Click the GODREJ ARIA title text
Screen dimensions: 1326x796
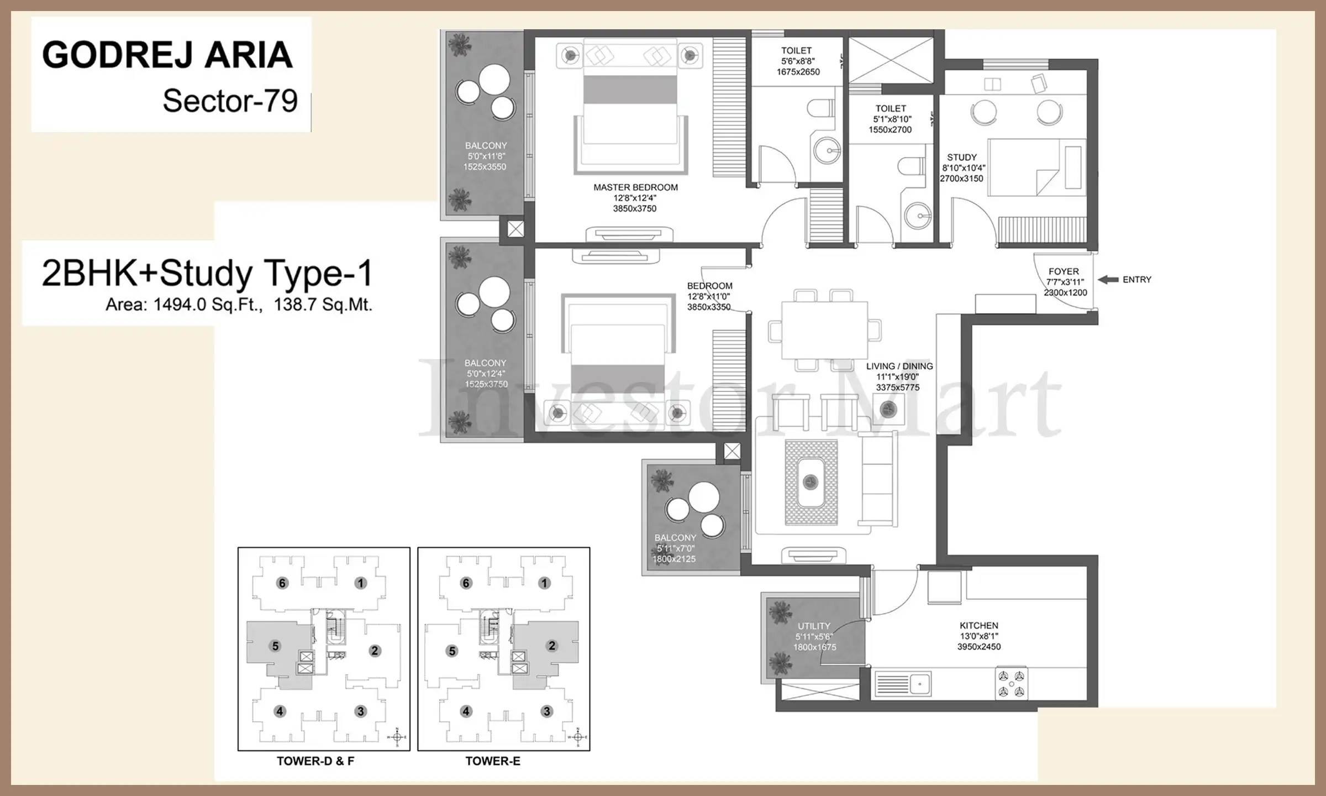pyautogui.click(x=167, y=55)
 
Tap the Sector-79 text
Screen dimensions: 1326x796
pyautogui.click(x=230, y=101)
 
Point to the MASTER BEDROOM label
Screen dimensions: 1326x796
pyautogui.click(x=635, y=187)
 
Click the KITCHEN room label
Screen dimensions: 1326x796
pyautogui.click(x=979, y=626)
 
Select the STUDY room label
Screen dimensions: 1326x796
pyautogui.click(x=962, y=158)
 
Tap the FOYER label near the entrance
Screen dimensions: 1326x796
pyautogui.click(x=1064, y=271)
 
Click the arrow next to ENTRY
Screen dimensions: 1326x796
pyautogui.click(x=1108, y=280)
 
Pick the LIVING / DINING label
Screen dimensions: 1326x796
pyautogui.click(x=899, y=366)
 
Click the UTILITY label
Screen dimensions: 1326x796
pyautogui.click(x=814, y=626)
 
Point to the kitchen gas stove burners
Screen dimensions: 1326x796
pyautogui.click(x=1012, y=684)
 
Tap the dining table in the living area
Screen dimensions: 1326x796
pyautogui.click(x=824, y=331)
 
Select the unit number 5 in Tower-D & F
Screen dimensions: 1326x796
pyautogui.click(x=276, y=646)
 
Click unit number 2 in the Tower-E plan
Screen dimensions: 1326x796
pyautogui.click(x=551, y=646)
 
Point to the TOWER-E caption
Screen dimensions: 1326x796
pyautogui.click(x=493, y=761)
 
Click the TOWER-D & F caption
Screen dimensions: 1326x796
pyautogui.click(x=315, y=761)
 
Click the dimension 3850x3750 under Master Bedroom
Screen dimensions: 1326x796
pyautogui.click(x=635, y=209)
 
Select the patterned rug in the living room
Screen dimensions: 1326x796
pyautogui.click(x=811, y=483)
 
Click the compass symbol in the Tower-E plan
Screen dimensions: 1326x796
pyautogui.click(x=577, y=737)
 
